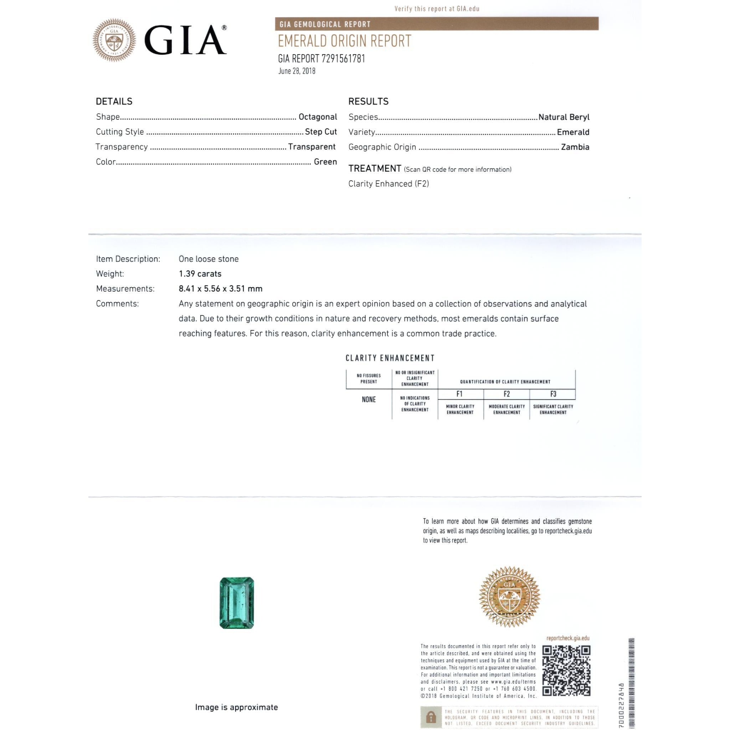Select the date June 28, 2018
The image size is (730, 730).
(297, 71)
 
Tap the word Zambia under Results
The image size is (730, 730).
(575, 147)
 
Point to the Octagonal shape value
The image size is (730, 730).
(317, 117)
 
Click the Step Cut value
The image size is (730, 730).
(320, 132)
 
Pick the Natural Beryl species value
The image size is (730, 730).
(564, 117)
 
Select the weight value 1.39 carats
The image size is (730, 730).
(200, 273)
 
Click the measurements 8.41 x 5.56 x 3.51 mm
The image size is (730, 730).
(220, 289)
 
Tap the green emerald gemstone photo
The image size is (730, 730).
(237, 603)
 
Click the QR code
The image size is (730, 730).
(566, 671)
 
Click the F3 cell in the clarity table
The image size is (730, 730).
(553, 394)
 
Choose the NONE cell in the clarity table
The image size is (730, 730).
(369, 399)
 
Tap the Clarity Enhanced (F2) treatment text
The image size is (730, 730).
(389, 184)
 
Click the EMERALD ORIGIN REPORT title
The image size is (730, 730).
(344, 41)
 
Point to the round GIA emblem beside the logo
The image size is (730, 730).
(114, 40)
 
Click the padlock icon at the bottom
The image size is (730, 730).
(431, 717)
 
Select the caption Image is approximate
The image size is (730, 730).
(236, 707)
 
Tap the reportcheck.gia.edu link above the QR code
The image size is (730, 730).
(567, 638)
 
